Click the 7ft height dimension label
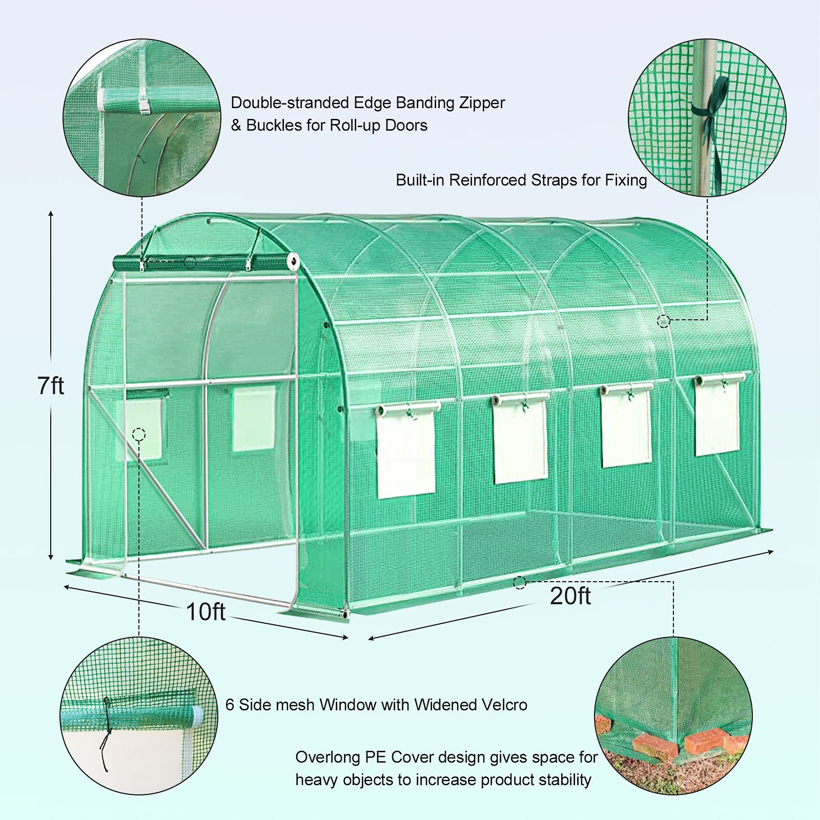tap(51, 385)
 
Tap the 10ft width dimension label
tap(206, 611)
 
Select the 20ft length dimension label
tap(570, 596)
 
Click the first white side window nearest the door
tap(407, 451)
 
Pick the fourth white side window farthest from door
tap(717, 415)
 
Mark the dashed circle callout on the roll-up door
tap(190, 262)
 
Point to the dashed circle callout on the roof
tap(664, 321)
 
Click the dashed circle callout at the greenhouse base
tap(520, 582)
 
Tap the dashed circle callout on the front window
tap(139, 435)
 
